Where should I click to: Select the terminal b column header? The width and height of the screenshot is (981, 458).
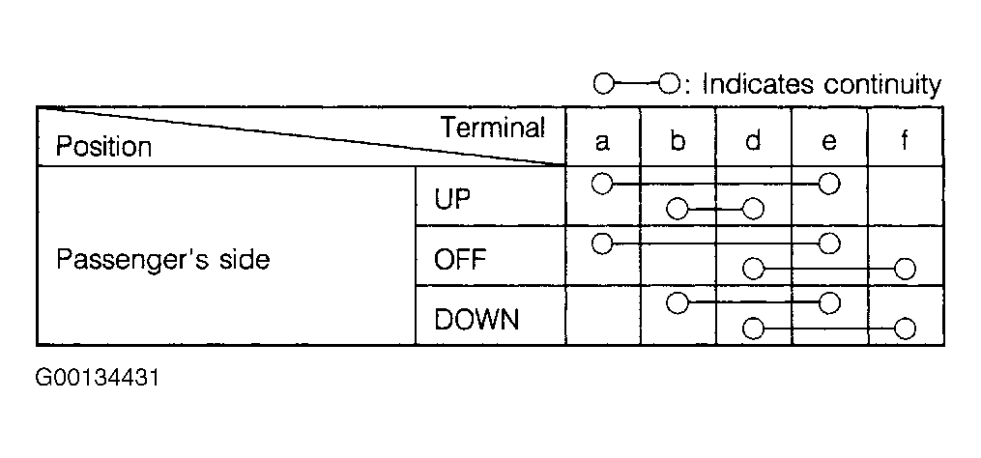pos(678,141)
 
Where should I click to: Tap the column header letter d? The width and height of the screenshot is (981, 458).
pos(753,141)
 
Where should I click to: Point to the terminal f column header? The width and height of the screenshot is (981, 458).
pos(905,141)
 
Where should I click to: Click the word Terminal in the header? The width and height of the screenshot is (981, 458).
pos(493,128)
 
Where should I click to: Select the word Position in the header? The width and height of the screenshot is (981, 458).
pos(103,147)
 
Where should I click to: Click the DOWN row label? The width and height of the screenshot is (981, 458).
pos(476,319)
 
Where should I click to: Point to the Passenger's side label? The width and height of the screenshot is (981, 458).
pos(162,259)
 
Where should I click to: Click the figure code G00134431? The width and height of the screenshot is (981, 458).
pos(98,378)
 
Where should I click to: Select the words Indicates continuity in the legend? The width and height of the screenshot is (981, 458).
pos(822,84)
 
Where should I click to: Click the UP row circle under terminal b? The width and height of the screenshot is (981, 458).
pos(677,209)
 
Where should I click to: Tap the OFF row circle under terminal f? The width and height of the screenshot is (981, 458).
pos(905,269)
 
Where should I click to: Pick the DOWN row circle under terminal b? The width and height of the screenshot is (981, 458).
pos(677,303)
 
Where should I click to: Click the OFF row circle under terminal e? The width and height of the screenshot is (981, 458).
pos(829,243)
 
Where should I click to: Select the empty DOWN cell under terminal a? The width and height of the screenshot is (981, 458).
pos(603,315)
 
